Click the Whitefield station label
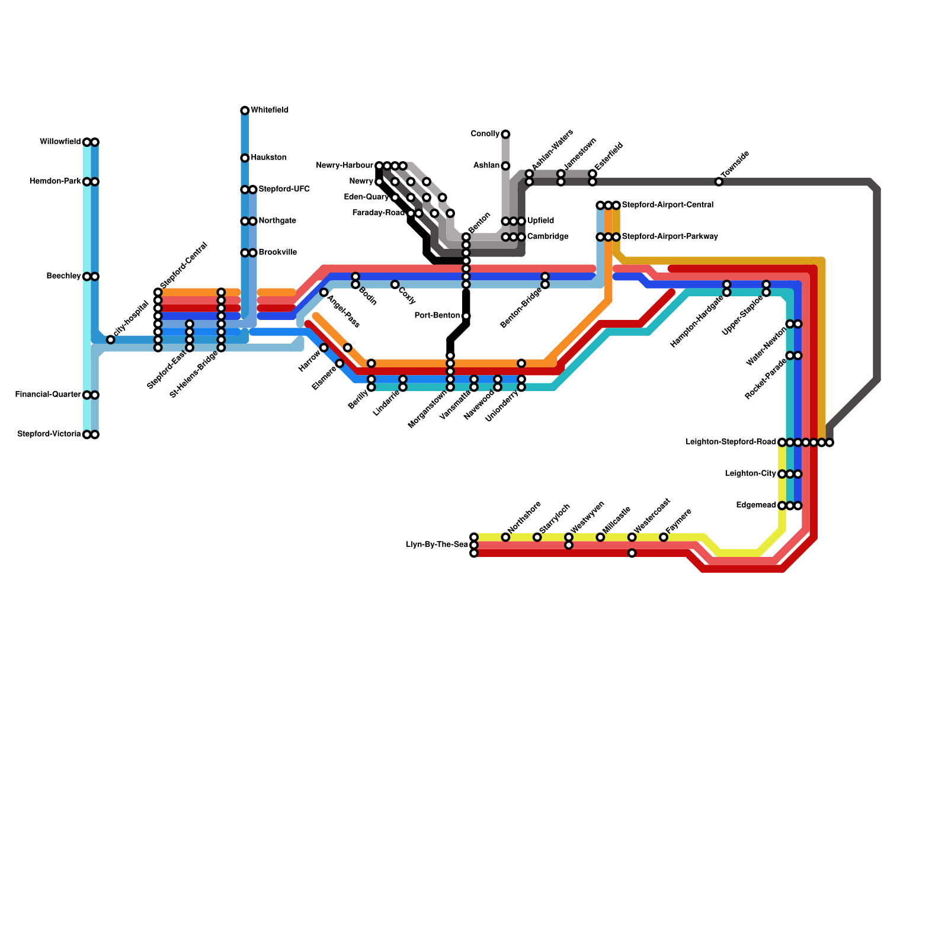click(270, 110)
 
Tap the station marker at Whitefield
click(245, 111)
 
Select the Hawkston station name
click(269, 158)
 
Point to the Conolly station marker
click(505, 134)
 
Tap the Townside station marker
click(719, 182)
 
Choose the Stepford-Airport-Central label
click(667, 205)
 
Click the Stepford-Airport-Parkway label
click(670, 236)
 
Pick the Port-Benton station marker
click(466, 316)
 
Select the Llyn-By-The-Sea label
click(437, 545)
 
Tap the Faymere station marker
click(664, 537)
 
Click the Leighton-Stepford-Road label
click(731, 442)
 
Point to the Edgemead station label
click(756, 505)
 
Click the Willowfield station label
click(60, 142)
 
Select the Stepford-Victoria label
click(49, 434)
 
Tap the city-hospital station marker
click(111, 340)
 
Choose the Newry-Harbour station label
click(344, 165)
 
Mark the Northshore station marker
click(505, 537)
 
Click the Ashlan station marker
click(505, 166)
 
